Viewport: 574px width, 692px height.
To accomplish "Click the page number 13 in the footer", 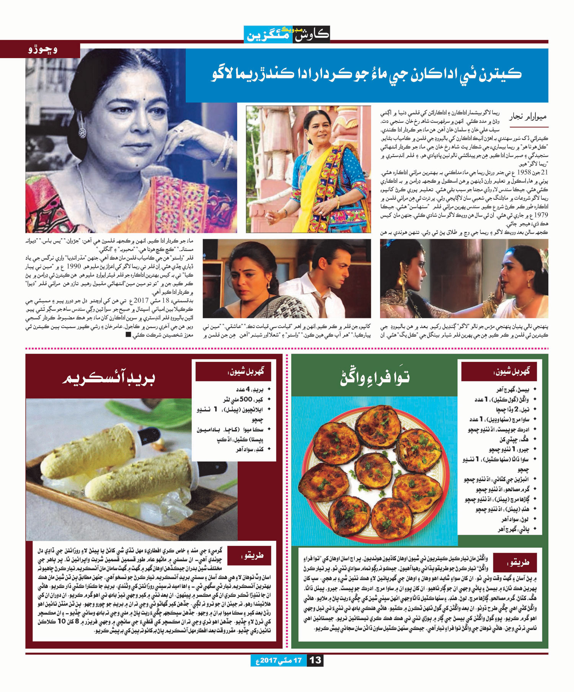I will [315, 660].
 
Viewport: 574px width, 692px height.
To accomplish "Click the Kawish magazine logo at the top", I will [287, 34].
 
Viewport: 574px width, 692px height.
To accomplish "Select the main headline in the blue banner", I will [367, 74].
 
